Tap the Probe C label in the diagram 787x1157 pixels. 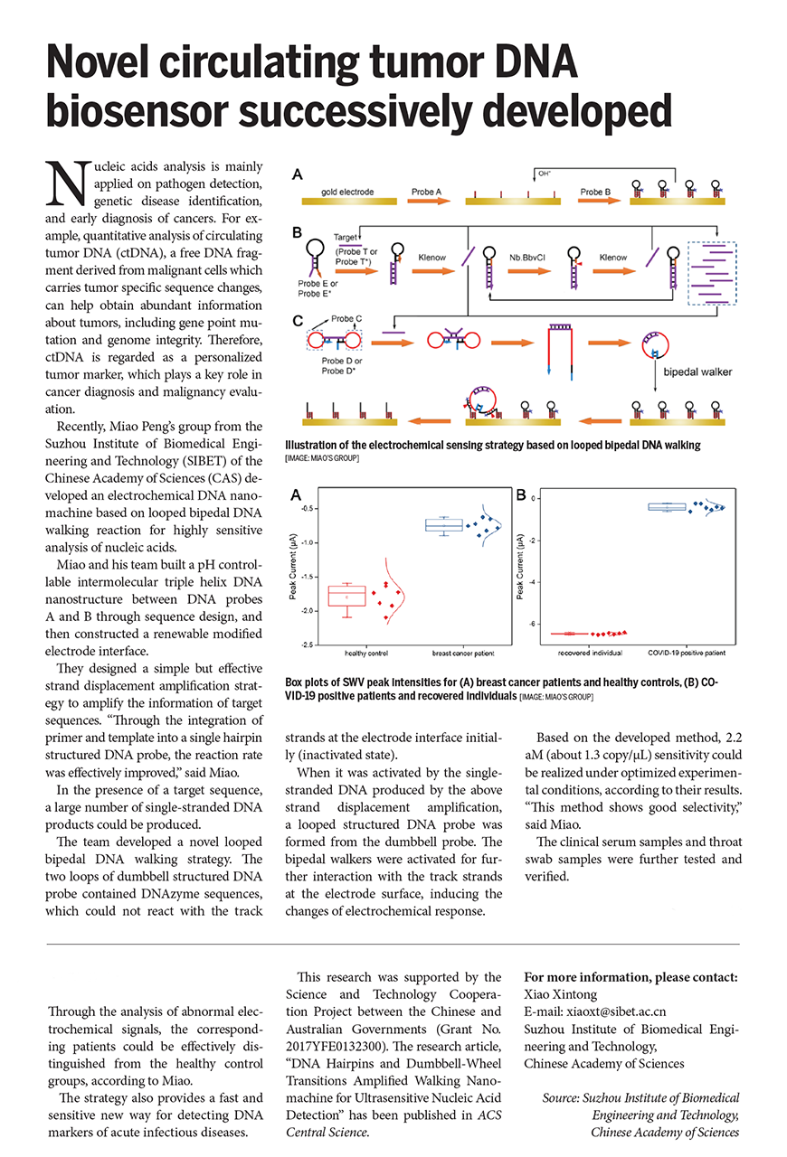coord(346,319)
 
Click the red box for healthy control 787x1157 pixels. coord(346,596)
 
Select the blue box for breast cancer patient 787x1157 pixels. coord(444,525)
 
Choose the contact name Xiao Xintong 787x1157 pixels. coord(560,995)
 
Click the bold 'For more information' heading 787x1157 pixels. coord(631,978)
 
